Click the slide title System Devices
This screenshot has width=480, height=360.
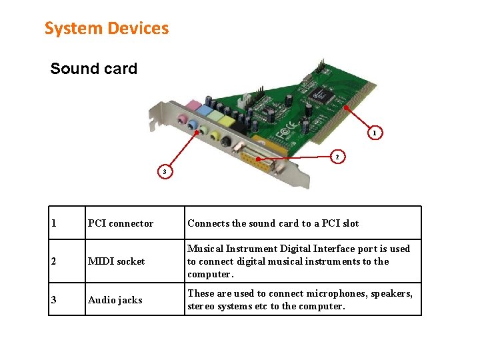107,29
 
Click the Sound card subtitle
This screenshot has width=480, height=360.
93,69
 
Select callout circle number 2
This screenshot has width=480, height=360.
337,157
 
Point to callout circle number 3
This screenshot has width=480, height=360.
165,172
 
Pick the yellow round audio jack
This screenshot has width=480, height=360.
215,136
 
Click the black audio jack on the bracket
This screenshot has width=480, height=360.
227,141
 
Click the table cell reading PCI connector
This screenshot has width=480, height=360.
121,223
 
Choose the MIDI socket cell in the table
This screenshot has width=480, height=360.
116,261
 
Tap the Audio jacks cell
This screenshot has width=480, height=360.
115,300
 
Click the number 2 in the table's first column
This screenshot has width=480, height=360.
54,261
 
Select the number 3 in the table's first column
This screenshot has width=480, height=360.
54,300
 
